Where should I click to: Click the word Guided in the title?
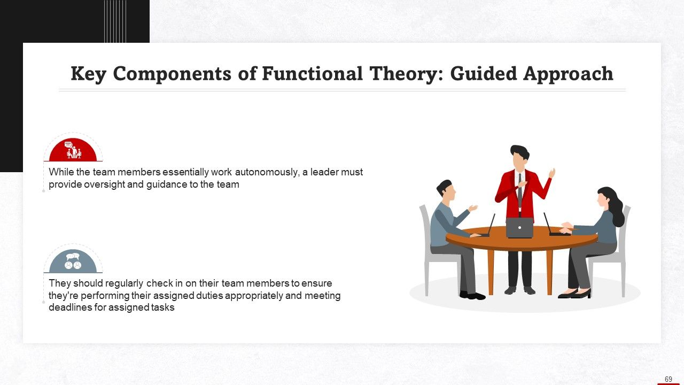pyautogui.click(x=483, y=74)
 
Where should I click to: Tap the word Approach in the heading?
pyautogui.click(x=568, y=74)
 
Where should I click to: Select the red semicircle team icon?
pyautogui.click(x=73, y=150)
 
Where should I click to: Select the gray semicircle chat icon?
pyautogui.click(x=73, y=261)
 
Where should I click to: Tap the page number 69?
pyautogui.click(x=668, y=379)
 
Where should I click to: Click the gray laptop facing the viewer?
pyautogui.click(x=519, y=227)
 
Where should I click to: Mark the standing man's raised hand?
pyautogui.click(x=552, y=173)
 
